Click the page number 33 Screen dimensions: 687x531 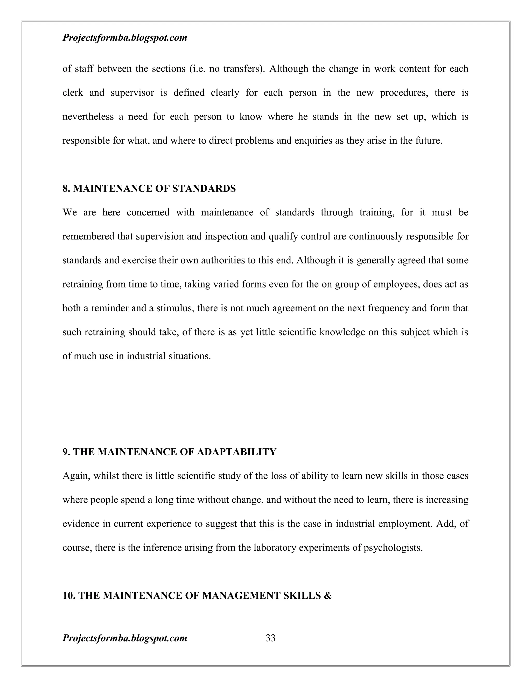[270, 638]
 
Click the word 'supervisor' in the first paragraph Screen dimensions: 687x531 [132, 93]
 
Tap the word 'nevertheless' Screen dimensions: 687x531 [88, 117]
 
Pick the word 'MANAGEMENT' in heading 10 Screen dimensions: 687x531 [241, 596]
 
